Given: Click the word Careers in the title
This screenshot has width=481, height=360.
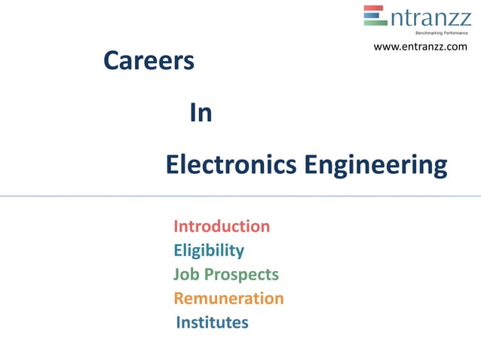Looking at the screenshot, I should point(149,62).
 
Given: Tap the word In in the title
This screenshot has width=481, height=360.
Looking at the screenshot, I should point(200,114).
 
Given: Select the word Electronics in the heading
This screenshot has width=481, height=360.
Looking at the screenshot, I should point(231,164).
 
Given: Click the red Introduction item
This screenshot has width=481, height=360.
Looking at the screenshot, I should point(222,226).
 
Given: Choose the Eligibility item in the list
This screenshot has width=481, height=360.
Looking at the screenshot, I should point(209,251).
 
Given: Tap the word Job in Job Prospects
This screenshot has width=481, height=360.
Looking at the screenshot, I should point(185,275).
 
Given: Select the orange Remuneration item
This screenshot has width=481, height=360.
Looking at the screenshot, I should point(228,298).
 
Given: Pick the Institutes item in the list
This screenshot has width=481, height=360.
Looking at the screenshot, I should point(212,322).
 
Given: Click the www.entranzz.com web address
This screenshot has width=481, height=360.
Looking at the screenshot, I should point(421,47).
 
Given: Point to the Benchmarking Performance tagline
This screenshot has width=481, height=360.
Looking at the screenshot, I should point(442,34).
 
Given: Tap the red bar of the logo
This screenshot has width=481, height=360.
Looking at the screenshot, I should point(374,8).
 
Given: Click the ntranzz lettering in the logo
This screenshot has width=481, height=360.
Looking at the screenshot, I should point(429,17).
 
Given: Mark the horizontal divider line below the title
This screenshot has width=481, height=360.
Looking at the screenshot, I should point(240,196).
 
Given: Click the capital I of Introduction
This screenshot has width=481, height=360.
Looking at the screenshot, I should point(176,226).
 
